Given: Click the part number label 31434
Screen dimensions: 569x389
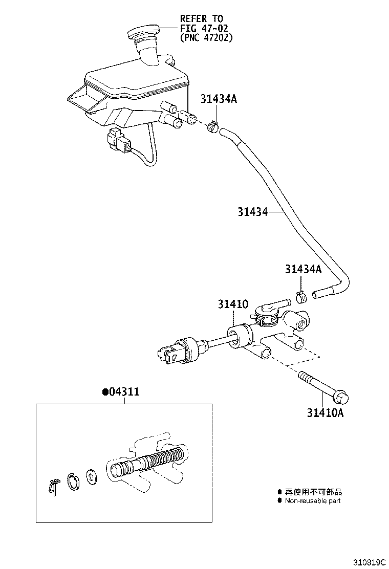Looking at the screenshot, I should [252, 211].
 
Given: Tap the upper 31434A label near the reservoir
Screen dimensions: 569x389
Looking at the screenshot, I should [219, 99].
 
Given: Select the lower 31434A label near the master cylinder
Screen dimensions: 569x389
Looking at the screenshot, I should [303, 269].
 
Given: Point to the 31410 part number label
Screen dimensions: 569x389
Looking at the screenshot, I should [233, 304].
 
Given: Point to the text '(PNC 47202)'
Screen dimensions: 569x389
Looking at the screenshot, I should [206, 37].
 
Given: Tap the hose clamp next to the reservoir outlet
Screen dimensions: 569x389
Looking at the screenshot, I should [214, 126].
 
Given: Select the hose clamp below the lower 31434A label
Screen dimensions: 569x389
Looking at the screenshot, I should [301, 296].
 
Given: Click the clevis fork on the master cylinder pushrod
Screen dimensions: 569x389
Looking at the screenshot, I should [169, 355].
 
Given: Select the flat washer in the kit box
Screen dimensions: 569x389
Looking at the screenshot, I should [92, 477].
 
